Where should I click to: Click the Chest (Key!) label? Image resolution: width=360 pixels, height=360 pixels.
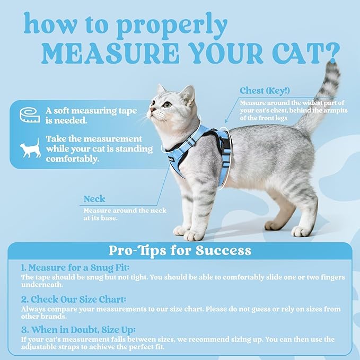(x=267, y=91)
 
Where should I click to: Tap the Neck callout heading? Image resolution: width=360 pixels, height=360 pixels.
(x=94, y=199)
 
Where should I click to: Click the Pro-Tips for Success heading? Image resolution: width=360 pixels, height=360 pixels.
(x=180, y=250)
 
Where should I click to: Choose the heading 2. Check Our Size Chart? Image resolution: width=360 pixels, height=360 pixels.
(x=75, y=298)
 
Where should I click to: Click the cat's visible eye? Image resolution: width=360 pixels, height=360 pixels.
(x=168, y=104)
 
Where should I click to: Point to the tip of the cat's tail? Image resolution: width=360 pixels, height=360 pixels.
(x=333, y=66)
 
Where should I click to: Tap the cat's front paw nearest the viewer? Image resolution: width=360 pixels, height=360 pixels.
(x=194, y=235)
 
